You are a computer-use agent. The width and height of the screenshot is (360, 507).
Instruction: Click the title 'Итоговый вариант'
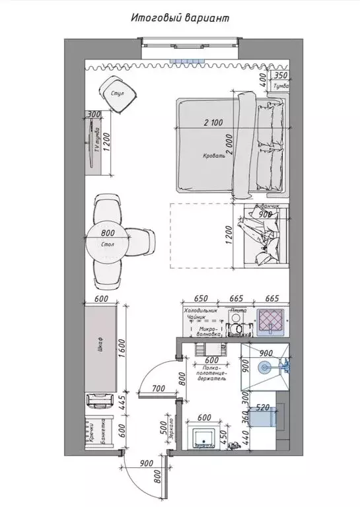point(180,18)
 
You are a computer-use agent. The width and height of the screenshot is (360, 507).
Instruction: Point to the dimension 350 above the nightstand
point(281,76)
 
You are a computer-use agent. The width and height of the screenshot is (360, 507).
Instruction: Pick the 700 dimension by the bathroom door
point(157,389)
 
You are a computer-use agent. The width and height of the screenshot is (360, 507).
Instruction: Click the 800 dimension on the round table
point(109,233)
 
